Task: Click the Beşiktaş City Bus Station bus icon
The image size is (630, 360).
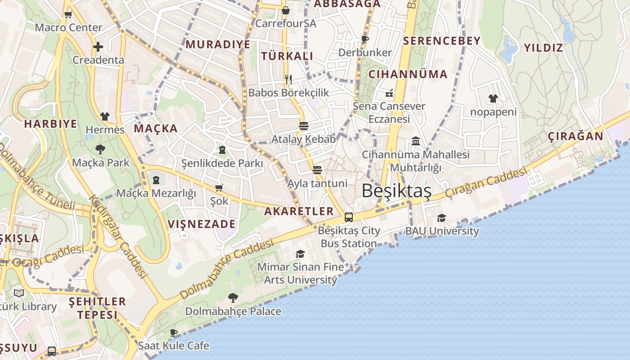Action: pyautogui.click(x=349, y=217)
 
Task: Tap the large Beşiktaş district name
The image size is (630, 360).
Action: pyautogui.click(x=396, y=191)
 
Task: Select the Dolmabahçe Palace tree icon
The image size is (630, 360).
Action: pyautogui.click(x=233, y=297)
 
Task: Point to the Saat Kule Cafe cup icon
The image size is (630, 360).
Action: pyautogui.click(x=174, y=333)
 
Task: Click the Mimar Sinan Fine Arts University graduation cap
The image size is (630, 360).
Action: pyautogui.click(x=300, y=254)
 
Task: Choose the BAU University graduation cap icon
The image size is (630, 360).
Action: pyautogui.click(x=441, y=218)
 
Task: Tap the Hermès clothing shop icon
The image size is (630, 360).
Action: pyautogui.click(x=105, y=117)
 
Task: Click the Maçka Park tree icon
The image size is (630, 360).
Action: pyautogui.click(x=100, y=149)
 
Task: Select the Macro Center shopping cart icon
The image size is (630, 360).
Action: pyautogui.click(x=68, y=14)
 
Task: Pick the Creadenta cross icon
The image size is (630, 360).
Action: pyautogui.click(x=98, y=47)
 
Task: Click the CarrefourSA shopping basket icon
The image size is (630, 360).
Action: pyautogui.click(x=285, y=10)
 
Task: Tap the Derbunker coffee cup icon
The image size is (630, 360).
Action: pyautogui.click(x=365, y=40)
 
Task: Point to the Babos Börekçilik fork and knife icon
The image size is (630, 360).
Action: pyautogui.click(x=288, y=80)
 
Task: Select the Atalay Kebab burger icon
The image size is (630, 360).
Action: pyautogui.click(x=304, y=126)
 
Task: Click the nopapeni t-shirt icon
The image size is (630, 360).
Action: pyautogui.click(x=493, y=99)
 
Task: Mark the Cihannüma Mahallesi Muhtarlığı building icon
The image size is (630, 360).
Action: pyautogui.click(x=416, y=141)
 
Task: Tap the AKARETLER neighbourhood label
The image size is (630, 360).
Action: pyautogui.click(x=299, y=211)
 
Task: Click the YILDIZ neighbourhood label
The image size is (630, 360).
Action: pyautogui.click(x=543, y=48)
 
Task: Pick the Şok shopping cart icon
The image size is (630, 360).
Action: pyautogui.click(x=219, y=188)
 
